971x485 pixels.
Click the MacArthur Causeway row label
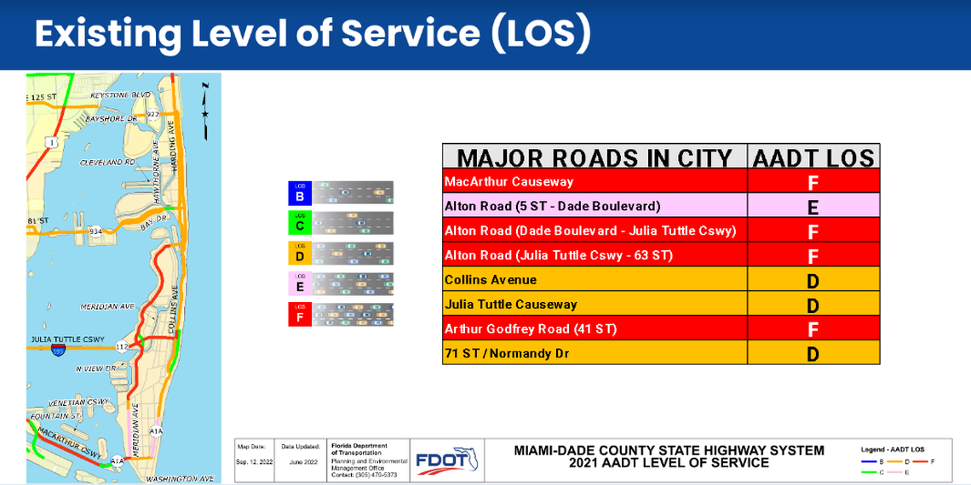point(508,181)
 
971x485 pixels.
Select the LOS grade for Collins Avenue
point(813,281)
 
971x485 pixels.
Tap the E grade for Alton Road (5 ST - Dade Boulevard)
point(813,207)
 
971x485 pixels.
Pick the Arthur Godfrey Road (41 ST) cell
point(530,329)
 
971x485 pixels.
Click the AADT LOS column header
point(813,157)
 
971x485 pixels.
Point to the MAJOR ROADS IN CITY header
point(595,157)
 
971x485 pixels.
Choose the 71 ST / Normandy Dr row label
point(506,353)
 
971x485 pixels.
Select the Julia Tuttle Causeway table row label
point(510,305)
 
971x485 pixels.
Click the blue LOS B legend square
point(300,193)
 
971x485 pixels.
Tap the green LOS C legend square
point(300,223)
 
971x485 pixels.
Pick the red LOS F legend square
point(300,314)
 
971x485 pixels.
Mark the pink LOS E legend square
point(300,283)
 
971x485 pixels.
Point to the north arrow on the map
point(204,111)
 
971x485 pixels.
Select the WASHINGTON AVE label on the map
point(180,479)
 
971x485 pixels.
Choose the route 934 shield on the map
point(96,231)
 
